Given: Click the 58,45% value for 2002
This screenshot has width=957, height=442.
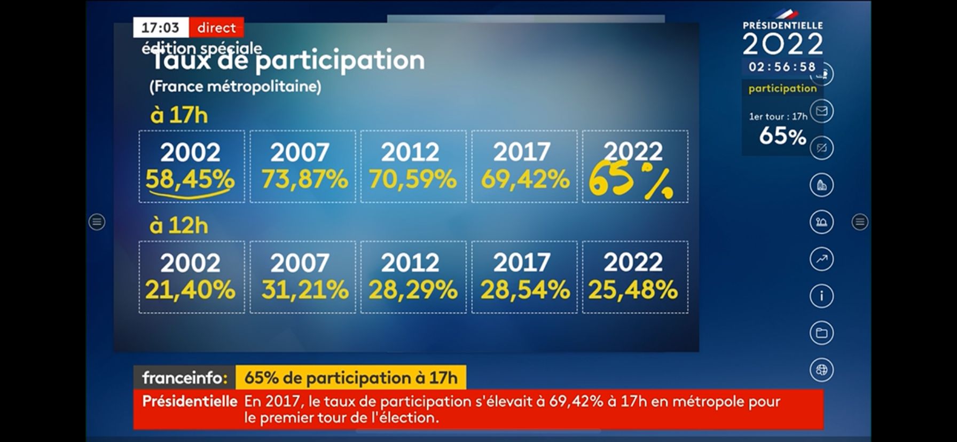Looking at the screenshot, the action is [x=190, y=179].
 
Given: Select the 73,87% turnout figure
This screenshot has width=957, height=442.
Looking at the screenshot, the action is [x=304, y=179].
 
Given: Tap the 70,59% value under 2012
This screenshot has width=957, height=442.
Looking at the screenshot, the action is [x=413, y=179].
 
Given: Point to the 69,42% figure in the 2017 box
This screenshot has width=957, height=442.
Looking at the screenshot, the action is [x=525, y=179].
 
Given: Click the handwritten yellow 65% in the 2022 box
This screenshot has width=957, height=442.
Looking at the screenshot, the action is [x=630, y=181].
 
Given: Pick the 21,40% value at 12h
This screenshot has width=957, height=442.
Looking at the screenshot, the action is [x=190, y=290].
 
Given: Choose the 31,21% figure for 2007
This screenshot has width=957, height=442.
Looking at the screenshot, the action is [x=305, y=290].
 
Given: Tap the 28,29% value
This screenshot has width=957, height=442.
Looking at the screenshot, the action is [x=413, y=290].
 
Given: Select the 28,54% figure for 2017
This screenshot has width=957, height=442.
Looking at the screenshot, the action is [x=525, y=290].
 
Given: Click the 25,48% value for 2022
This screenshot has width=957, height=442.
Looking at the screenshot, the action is [x=633, y=290].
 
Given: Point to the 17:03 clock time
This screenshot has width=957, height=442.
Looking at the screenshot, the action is [x=160, y=28].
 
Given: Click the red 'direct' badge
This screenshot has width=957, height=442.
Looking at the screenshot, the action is [x=216, y=28].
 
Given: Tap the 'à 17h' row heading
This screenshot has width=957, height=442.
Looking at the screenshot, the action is [x=179, y=115].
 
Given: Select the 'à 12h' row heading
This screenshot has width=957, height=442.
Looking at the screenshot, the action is [x=179, y=226].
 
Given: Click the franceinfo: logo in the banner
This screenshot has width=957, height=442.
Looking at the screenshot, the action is [x=185, y=378].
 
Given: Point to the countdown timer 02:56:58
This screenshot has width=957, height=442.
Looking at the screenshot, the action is [x=782, y=67].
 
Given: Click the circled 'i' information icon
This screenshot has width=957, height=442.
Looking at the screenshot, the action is [x=821, y=296].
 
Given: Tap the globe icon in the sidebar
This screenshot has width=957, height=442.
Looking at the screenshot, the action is [x=821, y=370].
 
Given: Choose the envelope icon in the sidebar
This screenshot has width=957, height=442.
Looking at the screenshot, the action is [x=821, y=111].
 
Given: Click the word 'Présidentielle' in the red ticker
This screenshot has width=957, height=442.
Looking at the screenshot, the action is [x=190, y=401].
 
